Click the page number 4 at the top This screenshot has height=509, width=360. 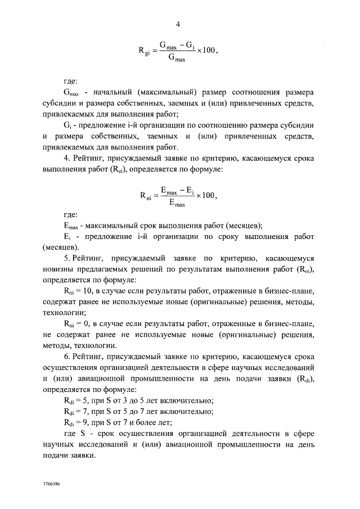(178, 25)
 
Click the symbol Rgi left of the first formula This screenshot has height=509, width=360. (144, 51)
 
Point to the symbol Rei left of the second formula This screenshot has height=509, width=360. (145, 197)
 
